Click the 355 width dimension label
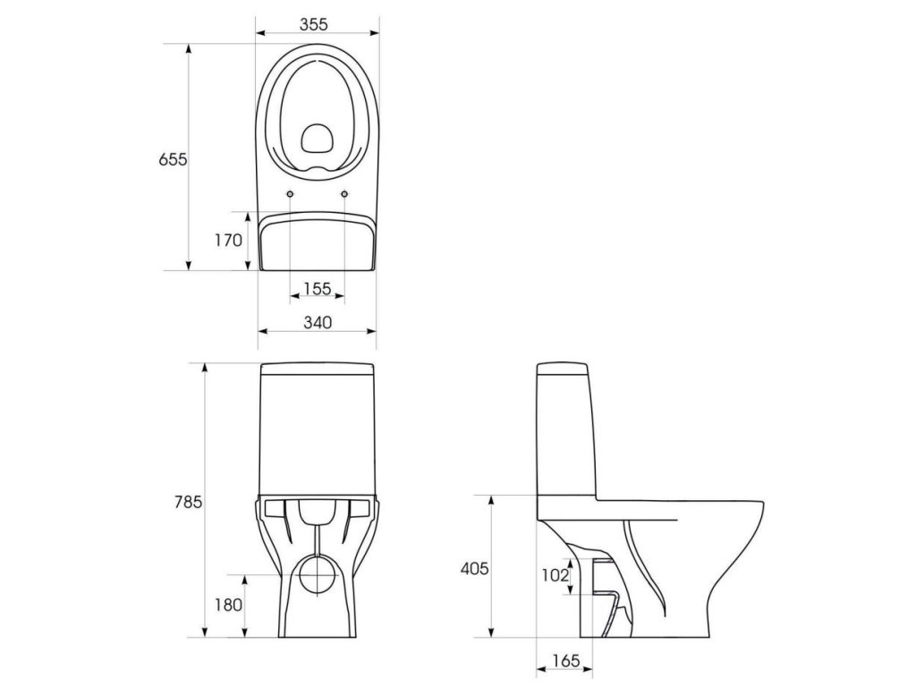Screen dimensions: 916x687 314,24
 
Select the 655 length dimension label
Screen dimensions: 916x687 173,159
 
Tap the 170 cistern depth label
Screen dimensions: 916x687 228,240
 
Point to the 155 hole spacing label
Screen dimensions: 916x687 318,289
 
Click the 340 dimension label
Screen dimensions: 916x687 318,322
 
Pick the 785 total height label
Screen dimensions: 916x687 188,503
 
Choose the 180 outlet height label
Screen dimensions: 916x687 228,606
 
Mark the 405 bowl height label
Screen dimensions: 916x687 474,568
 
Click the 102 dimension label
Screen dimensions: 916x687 555,575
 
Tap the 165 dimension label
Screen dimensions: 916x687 565,661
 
